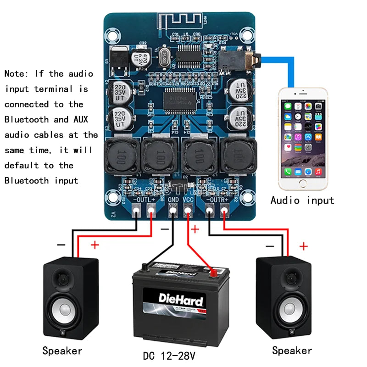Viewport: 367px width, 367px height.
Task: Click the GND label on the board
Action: coord(173,200)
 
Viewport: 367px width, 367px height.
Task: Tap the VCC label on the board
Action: coord(189,200)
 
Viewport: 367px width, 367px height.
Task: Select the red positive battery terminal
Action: coord(213,273)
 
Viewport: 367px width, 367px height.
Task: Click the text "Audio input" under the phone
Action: coord(302,200)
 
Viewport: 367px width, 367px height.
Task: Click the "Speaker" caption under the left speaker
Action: coord(62,351)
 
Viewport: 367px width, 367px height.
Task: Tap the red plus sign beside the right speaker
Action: coord(303,247)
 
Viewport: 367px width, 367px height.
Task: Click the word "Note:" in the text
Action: coord(18,74)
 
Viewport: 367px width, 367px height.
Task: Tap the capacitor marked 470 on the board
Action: coord(140,58)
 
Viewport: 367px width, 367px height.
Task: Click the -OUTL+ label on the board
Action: coord(144,200)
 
